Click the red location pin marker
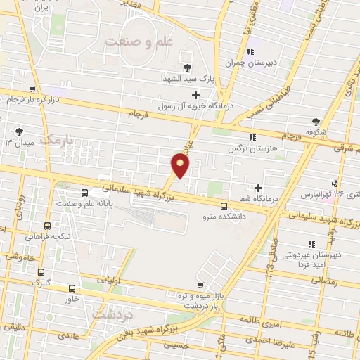pyautogui.click(x=181, y=166)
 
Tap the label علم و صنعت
pyautogui.click(x=139, y=43)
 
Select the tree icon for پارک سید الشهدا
pyautogui.click(x=188, y=67)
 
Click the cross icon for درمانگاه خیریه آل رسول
pyautogui.click(x=195, y=94)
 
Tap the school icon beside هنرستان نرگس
pyautogui.click(x=252, y=136)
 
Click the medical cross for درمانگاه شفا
pyautogui.click(x=259, y=188)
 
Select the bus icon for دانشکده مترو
pyautogui.click(x=224, y=206)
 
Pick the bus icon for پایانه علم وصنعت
pyautogui.click(x=84, y=192)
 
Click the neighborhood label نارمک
pyautogui.click(x=57, y=141)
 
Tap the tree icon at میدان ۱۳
pyautogui.click(x=18, y=131)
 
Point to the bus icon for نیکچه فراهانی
pyautogui.click(x=47, y=226)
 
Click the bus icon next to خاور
pyautogui.click(x=70, y=288)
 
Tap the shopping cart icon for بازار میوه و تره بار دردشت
pyautogui.click(x=201, y=285)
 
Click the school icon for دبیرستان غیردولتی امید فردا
pyautogui.click(x=309, y=244)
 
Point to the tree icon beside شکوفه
pyautogui.click(x=316, y=121)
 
